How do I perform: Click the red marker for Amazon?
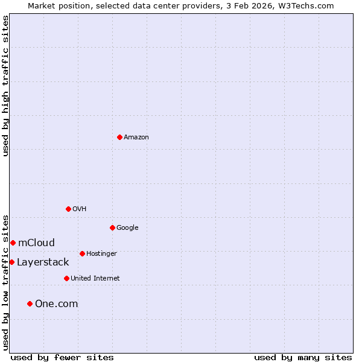(x=119, y=137)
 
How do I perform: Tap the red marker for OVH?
(x=68, y=209)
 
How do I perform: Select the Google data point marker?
(x=112, y=227)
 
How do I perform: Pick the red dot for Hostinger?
(x=82, y=253)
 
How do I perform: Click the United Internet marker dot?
(x=66, y=278)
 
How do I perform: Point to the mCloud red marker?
(x=13, y=243)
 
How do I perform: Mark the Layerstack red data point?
(x=11, y=262)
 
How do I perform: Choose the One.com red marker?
(x=30, y=303)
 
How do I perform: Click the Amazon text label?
(x=136, y=138)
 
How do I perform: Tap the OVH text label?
(x=80, y=209)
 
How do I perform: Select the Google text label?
(x=127, y=228)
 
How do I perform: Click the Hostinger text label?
(x=101, y=254)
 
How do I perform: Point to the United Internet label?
(x=95, y=279)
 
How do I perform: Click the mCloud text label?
(x=36, y=243)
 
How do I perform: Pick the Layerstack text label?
(x=43, y=262)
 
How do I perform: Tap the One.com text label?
(x=56, y=304)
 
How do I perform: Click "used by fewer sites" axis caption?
(x=62, y=357)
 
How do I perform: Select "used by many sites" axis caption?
(x=303, y=357)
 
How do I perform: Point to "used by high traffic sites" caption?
(x=5, y=86)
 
